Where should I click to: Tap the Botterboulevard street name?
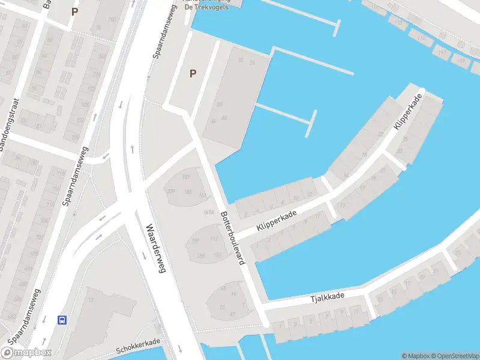pyautogui.click(x=233, y=239)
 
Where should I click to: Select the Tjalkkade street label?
pyautogui.click(x=327, y=297)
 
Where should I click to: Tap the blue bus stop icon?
pyautogui.click(x=62, y=320)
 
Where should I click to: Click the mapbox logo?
pyautogui.click(x=26, y=353)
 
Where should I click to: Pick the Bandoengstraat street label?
pyautogui.click(x=10, y=125)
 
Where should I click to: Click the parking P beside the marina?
pyautogui.click(x=193, y=74)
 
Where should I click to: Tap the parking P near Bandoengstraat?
pyautogui.click(x=74, y=11)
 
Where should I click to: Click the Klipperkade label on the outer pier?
pyautogui.click(x=407, y=113)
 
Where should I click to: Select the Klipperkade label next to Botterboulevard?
pyautogui.click(x=277, y=219)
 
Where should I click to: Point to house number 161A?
pyautogui.click(x=209, y=212)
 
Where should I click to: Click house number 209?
pyautogui.click(x=170, y=191)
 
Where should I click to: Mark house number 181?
pyautogui.click(x=186, y=176)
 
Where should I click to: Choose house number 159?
pyautogui.click(x=195, y=241)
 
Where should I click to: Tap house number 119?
pyautogui.click(x=215, y=239)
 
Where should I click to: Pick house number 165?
pyautogui.click(x=202, y=256)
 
